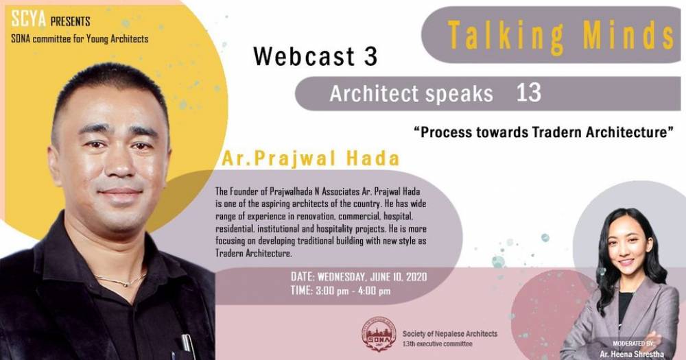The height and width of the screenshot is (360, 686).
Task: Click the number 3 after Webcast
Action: click(370, 57)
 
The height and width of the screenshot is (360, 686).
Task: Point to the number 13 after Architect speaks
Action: click(529, 93)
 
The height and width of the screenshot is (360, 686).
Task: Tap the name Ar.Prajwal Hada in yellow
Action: click(310, 159)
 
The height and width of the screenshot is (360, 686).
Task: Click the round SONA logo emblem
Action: click(380, 334)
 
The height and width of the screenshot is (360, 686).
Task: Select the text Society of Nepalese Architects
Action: click(450, 333)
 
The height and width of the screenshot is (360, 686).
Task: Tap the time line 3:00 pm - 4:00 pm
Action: click(340, 291)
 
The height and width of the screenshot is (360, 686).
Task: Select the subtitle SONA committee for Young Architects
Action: click(80, 38)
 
